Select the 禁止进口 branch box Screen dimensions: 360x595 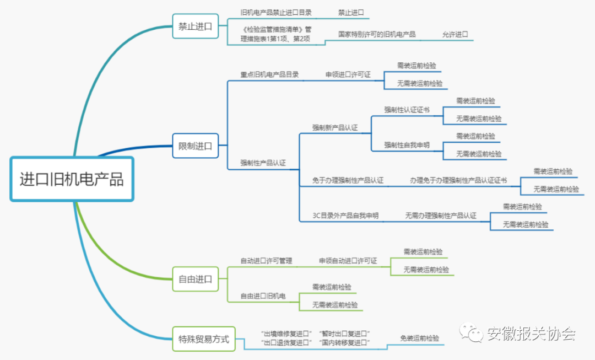point(195,26)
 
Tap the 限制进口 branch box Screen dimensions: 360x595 point(195,146)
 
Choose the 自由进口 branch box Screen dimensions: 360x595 point(195,278)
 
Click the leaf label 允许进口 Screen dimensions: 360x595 point(455,34)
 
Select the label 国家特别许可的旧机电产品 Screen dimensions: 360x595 point(377,34)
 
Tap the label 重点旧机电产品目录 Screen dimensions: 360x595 point(269,74)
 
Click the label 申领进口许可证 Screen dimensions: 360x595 point(348,74)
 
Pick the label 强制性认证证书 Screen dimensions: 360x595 point(407,110)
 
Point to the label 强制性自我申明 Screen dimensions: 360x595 point(407,145)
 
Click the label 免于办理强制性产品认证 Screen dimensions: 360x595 point(348,180)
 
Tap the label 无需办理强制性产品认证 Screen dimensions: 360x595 point(441,216)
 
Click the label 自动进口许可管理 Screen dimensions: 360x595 point(266,261)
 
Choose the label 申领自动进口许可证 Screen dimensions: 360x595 point(348,261)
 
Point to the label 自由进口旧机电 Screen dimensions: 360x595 point(263,296)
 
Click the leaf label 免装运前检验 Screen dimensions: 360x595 point(420,338)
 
